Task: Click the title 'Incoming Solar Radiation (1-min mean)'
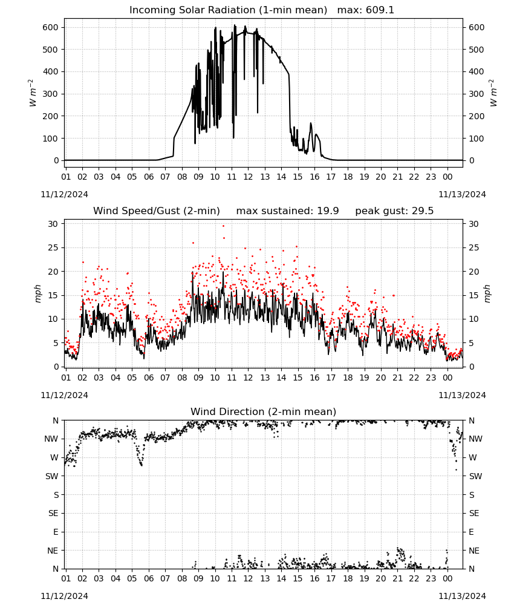(x=228, y=10)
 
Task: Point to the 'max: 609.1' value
(x=366, y=10)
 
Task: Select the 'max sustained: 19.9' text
(x=287, y=211)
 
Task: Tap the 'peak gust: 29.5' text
(x=394, y=211)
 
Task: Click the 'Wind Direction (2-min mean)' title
(x=264, y=411)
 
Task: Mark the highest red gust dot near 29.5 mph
(x=223, y=226)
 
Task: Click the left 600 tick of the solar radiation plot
(x=51, y=27)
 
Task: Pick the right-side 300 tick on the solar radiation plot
(x=477, y=94)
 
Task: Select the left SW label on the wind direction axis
(x=52, y=476)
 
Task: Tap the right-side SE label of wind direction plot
(x=474, y=513)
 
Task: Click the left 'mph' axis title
(x=37, y=293)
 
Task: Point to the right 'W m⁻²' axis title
(x=493, y=93)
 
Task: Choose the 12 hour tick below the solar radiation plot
(x=248, y=177)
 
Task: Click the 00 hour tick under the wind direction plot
(x=447, y=579)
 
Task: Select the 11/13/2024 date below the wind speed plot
(x=462, y=395)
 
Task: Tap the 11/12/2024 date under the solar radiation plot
(x=64, y=194)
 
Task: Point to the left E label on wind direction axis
(x=56, y=532)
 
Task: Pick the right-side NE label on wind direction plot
(x=474, y=551)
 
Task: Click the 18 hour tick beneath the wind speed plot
(x=348, y=378)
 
